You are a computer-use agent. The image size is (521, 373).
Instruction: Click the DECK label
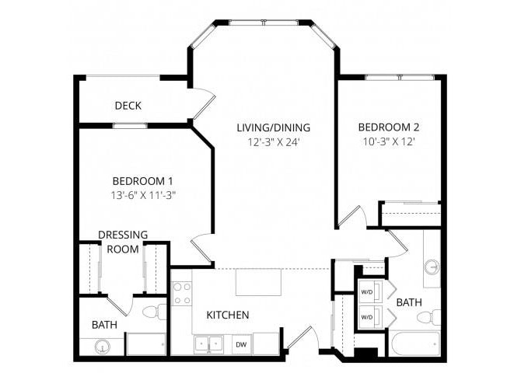point(128,106)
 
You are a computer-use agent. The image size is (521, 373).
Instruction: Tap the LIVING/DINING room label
point(274,127)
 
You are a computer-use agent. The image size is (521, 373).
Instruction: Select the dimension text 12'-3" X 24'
point(274,142)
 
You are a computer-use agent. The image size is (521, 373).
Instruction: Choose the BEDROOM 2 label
point(389,127)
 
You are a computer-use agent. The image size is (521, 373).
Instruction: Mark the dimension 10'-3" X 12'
point(389,142)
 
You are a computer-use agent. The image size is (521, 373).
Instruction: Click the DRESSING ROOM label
point(123,242)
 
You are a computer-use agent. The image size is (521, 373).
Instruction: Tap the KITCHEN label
point(227,315)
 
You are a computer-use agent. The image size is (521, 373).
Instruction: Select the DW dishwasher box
point(241,343)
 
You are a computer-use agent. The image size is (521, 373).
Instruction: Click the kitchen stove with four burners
point(181,293)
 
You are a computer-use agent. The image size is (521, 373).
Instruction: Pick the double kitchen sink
point(208,343)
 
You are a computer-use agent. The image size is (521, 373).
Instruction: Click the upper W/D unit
point(366,293)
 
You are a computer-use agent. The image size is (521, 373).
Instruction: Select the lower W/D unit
point(366,317)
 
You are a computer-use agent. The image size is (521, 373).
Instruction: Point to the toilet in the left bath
point(154,312)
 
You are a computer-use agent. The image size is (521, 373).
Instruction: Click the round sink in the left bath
point(101,347)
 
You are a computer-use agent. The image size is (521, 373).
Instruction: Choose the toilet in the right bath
point(426,317)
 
